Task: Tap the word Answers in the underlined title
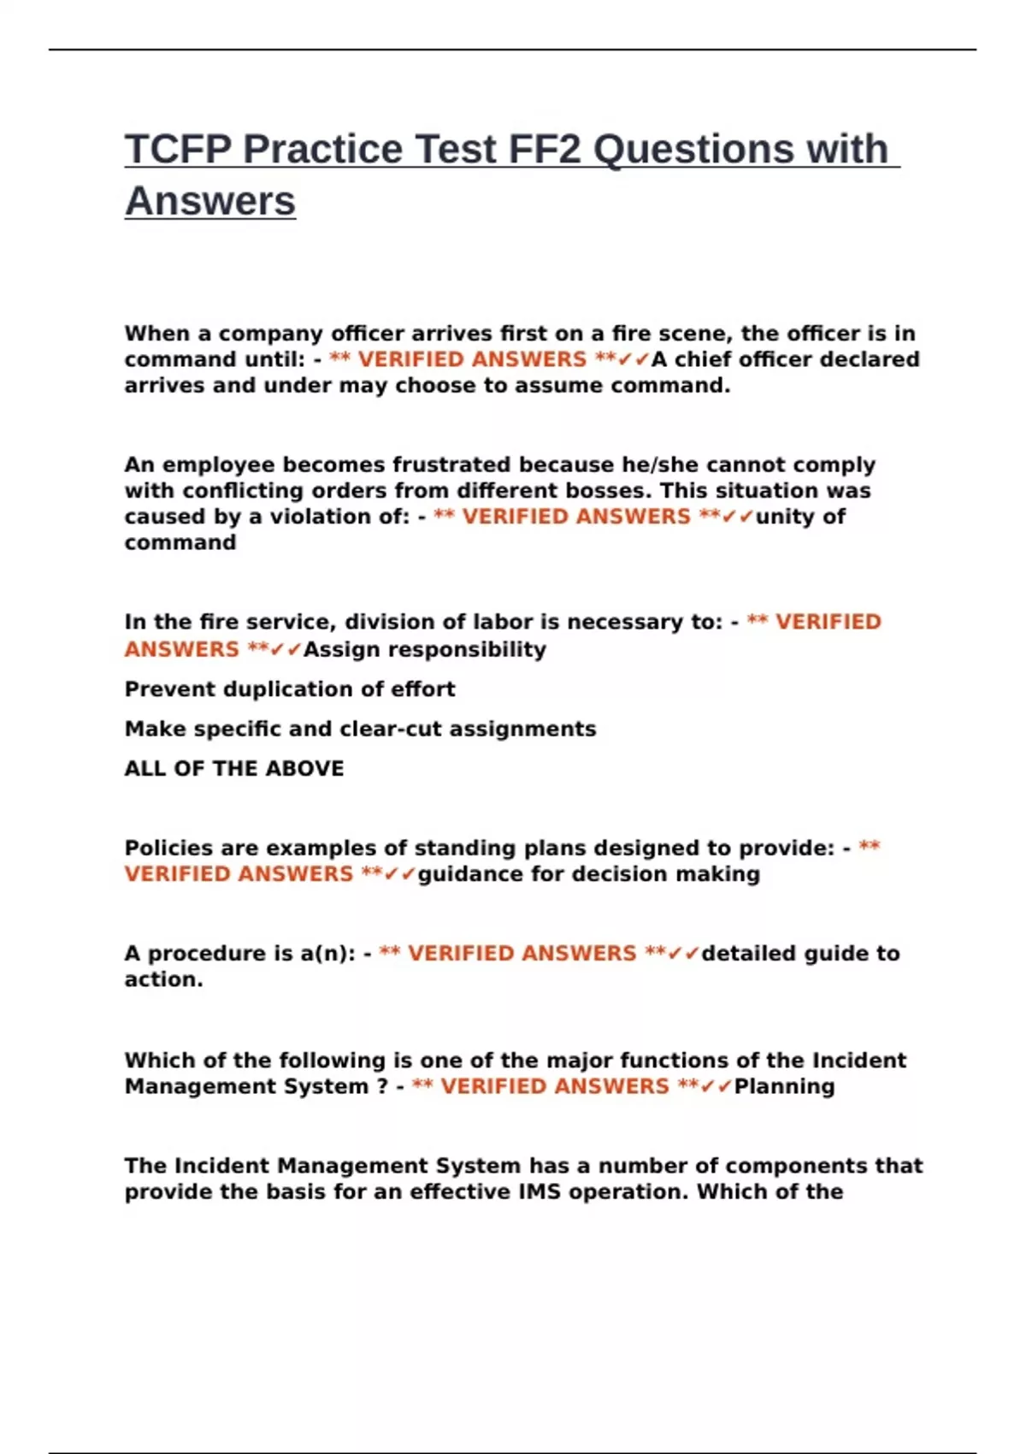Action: pos(210,202)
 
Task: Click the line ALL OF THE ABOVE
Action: pos(234,768)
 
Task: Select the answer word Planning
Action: pos(784,1086)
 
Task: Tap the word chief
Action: pos(704,359)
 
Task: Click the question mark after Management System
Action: pos(382,1086)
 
